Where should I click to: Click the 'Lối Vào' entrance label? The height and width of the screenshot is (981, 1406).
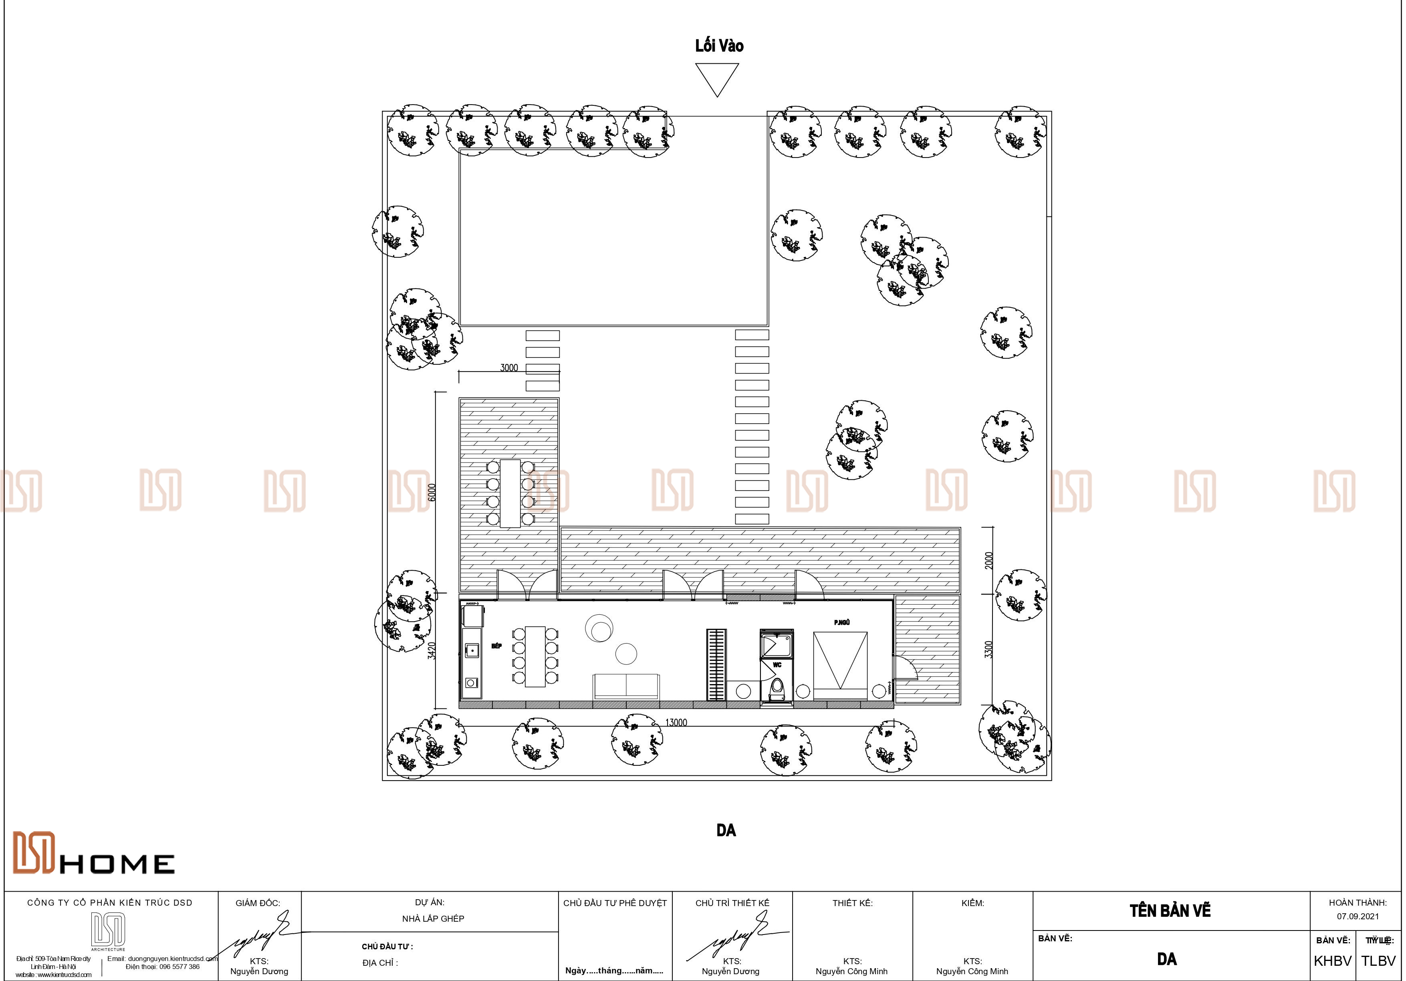719,46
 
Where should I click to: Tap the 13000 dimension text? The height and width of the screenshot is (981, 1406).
676,723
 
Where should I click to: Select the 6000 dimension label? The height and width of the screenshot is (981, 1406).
432,493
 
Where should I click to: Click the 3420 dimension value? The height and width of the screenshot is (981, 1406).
432,650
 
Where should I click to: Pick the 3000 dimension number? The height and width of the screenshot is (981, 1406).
509,368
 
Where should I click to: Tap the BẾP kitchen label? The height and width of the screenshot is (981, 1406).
496,646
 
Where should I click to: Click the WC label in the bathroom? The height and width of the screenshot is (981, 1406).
777,665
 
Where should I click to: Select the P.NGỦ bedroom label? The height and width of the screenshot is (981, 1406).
842,623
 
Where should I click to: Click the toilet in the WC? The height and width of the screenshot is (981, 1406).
777,688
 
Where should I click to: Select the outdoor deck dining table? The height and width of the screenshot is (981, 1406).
510,493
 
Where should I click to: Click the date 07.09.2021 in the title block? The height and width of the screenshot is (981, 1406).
1358,917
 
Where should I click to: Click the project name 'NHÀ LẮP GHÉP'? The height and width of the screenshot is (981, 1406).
433,918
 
